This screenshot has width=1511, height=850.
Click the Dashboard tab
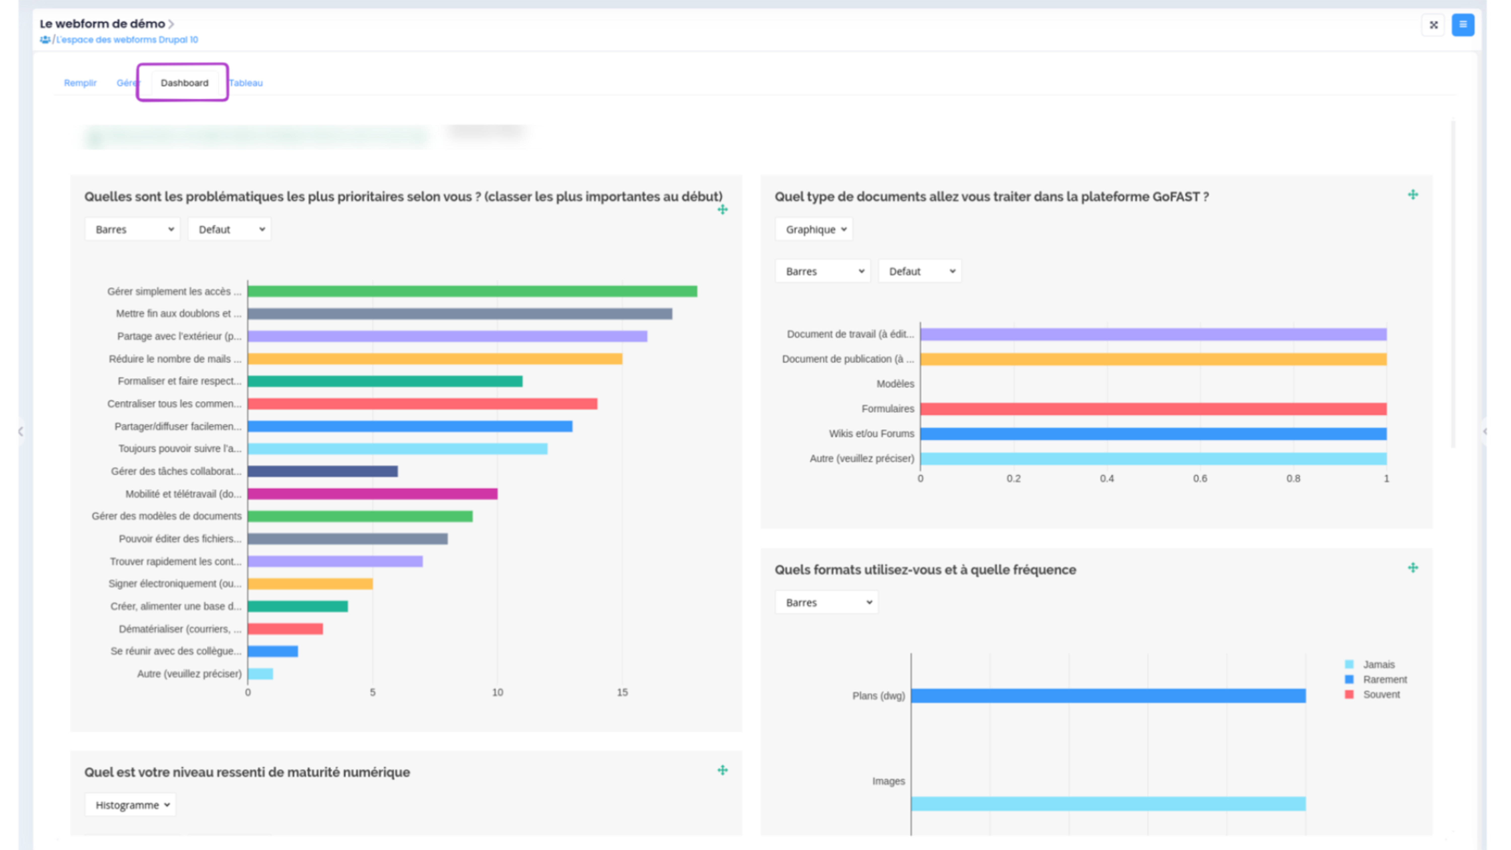click(184, 83)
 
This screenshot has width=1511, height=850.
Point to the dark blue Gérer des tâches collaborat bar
click(323, 471)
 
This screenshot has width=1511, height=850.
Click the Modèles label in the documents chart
click(895, 384)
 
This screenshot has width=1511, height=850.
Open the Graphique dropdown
click(814, 229)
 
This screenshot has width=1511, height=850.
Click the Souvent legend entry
click(1381, 695)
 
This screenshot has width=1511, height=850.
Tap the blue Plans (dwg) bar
click(1108, 696)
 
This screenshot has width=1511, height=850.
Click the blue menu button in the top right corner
click(1462, 25)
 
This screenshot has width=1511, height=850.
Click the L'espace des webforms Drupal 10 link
click(127, 40)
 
